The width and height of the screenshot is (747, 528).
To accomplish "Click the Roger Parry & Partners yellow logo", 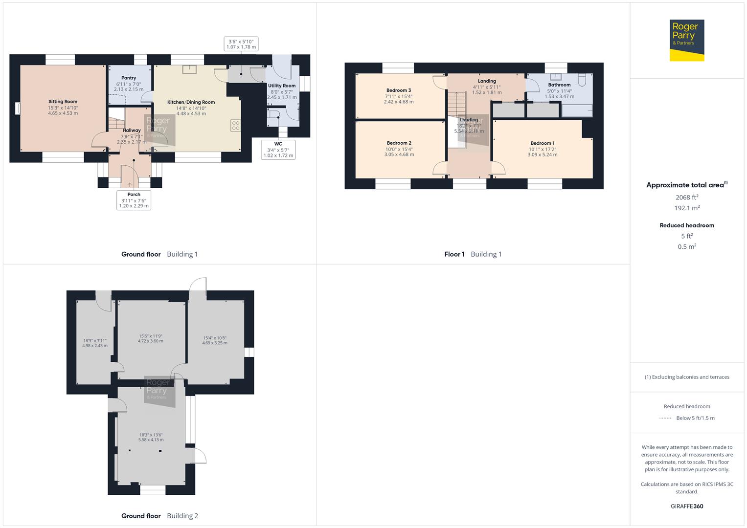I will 687,40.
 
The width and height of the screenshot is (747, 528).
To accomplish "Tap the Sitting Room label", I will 63,102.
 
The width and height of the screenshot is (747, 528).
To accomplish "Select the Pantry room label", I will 129,78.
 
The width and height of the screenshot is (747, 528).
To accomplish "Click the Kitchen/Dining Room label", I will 191,102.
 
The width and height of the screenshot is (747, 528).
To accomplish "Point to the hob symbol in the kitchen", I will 235,125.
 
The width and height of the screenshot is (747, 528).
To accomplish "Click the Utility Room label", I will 282,86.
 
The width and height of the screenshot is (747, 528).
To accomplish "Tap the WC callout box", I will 278,150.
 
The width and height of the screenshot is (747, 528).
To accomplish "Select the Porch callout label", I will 134,200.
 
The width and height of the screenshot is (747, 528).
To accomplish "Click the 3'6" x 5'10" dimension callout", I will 241,44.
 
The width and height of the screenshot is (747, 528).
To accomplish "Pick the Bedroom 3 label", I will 399,90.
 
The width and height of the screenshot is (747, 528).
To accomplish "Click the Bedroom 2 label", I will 399,143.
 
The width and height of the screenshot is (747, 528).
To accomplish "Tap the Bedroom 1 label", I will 543,143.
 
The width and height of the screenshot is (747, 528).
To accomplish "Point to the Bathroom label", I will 559,85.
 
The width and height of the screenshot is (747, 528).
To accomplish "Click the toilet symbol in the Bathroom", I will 582,79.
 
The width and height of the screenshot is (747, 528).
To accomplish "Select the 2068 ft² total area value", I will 686,198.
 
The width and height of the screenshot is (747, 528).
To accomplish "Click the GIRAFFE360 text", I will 687,506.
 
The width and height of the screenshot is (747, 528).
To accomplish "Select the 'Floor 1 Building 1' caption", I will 473,254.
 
